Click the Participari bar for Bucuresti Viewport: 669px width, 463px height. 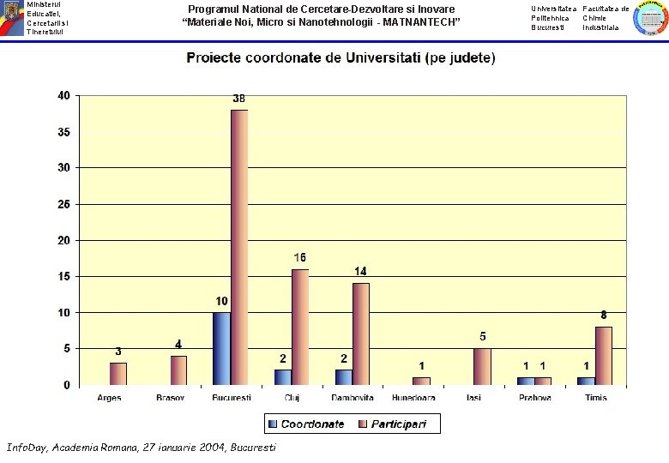pyautogui.click(x=239, y=247)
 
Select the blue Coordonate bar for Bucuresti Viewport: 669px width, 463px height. pyautogui.click(x=222, y=349)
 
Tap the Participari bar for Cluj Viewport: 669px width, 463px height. pyautogui.click(x=300, y=327)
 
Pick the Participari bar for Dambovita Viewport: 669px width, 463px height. pyautogui.click(x=361, y=334)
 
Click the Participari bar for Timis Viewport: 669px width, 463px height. pyautogui.click(x=604, y=356)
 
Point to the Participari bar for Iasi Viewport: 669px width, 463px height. pyautogui.click(x=483, y=367)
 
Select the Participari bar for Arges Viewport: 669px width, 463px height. pyautogui.click(x=118, y=374)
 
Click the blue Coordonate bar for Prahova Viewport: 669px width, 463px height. pyautogui.click(x=526, y=382)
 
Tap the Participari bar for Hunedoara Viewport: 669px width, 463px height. pyautogui.click(x=421, y=382)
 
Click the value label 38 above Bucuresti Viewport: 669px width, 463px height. pyautogui.click(x=239, y=99)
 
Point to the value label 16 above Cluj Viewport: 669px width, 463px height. pyautogui.click(x=300, y=257)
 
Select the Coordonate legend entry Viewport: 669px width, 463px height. pyautogui.click(x=306, y=424)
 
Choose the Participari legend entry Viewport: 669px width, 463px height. pyautogui.click(x=393, y=424)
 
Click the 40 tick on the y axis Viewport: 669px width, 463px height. pyautogui.click(x=64, y=95)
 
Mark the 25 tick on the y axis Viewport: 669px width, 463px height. pyautogui.click(x=64, y=204)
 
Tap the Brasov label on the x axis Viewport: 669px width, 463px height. pyautogui.click(x=170, y=398)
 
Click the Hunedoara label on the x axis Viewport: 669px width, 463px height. pyautogui.click(x=413, y=398)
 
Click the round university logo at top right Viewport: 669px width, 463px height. pyautogui.click(x=651, y=18)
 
